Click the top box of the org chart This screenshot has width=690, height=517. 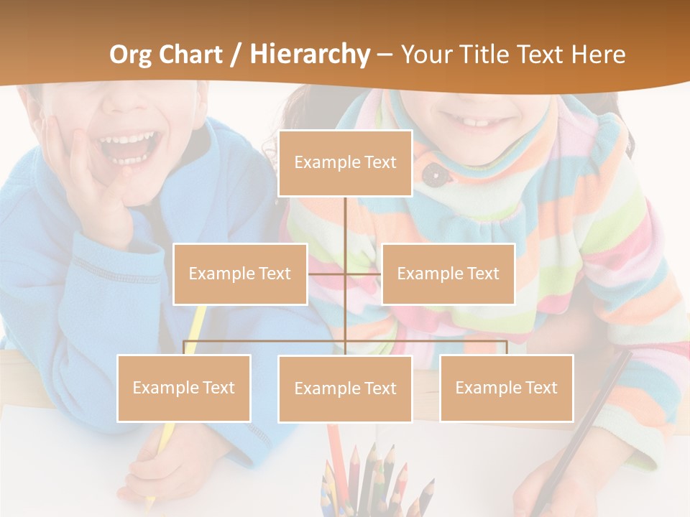pyautogui.click(x=345, y=163)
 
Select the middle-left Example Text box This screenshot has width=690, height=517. pyautogui.click(x=240, y=274)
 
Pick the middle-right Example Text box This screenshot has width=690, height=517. pyautogui.click(x=448, y=274)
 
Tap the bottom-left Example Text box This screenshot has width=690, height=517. pyautogui.click(x=184, y=388)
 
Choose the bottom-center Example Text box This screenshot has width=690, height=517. pyautogui.click(x=345, y=388)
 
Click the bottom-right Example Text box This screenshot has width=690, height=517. pyautogui.click(x=506, y=388)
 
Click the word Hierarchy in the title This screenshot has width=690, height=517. pyautogui.click(x=310, y=55)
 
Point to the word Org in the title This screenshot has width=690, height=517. pyautogui.click(x=132, y=55)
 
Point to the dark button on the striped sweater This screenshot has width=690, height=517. pyautogui.click(x=431, y=173)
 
